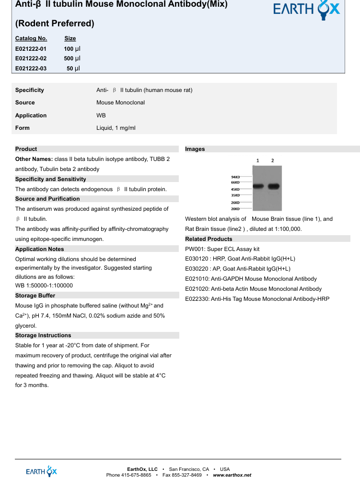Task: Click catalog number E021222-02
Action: point(31,58)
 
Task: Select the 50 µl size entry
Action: point(73,68)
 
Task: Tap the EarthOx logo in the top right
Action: point(306,10)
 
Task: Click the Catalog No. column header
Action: point(31,38)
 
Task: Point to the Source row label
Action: point(25,103)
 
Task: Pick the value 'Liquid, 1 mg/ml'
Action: point(116,128)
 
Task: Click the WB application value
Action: point(101,115)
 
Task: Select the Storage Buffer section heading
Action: point(35,296)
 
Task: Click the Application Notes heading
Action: point(39,249)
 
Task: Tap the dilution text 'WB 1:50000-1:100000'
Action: point(44,285)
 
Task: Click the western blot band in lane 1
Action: point(258,186)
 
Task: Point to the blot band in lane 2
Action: point(273,186)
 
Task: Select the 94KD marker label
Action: point(235,177)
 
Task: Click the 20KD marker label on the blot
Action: point(235,209)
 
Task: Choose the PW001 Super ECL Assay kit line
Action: point(222,249)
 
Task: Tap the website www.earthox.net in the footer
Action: point(232,475)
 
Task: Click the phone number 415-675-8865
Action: point(136,475)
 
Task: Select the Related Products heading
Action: point(209,239)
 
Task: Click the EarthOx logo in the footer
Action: point(42,471)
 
